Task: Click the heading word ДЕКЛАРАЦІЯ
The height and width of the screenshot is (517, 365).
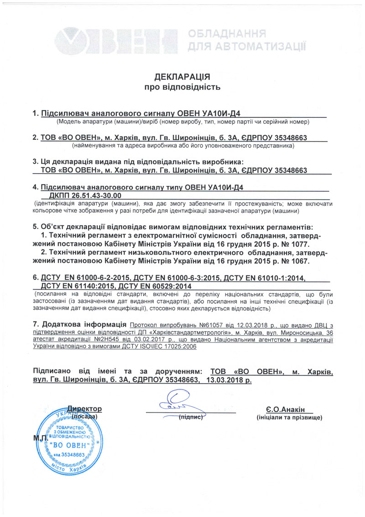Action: tap(182, 76)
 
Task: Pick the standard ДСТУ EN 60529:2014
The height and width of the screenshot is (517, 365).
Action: tap(158, 285)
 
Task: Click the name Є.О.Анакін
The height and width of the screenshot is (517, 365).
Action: tap(287, 409)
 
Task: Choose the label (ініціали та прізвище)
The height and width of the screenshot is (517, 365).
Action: tap(290, 417)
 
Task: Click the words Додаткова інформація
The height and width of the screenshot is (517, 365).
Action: tap(80, 324)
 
